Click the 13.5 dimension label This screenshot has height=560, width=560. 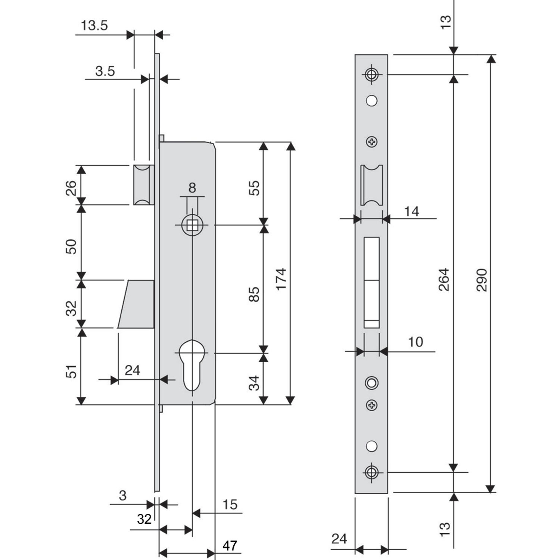pyautogui.click(x=94, y=26)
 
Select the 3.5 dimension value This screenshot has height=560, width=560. pyautogui.click(x=105, y=71)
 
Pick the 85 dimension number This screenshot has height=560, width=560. pyautogui.click(x=254, y=294)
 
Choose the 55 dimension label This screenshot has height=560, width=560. pyautogui.click(x=254, y=188)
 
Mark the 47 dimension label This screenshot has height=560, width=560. pyautogui.click(x=230, y=545)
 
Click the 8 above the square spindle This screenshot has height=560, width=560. pyautogui.click(x=192, y=187)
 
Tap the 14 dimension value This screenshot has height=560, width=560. pyautogui.click(x=411, y=212)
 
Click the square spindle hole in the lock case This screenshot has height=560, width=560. pyautogui.click(x=192, y=225)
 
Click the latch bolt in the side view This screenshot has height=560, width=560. pyautogui.click(x=143, y=185)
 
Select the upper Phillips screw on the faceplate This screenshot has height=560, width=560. pyautogui.click(x=372, y=142)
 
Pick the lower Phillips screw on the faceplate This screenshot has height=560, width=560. pyautogui.click(x=372, y=405)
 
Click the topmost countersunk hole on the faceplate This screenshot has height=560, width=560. pyautogui.click(x=371, y=74)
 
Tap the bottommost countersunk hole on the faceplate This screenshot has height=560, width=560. pyautogui.click(x=371, y=472)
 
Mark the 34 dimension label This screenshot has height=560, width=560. pyautogui.click(x=254, y=383)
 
